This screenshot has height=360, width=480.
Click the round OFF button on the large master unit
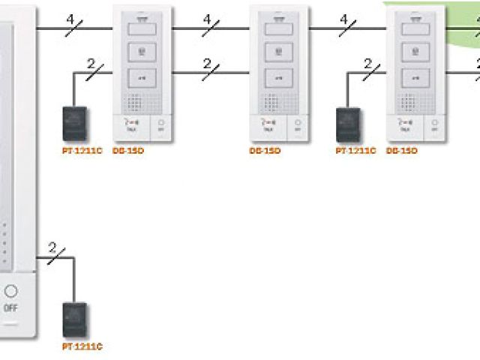(x=10, y=292)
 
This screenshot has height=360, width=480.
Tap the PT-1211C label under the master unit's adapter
(x=82, y=346)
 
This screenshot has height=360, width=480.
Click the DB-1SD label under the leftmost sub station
(x=133, y=151)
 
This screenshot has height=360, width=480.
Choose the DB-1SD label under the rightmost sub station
(x=401, y=151)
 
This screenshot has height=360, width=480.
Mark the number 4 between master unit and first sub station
(x=70, y=18)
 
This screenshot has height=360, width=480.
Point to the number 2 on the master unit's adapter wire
(x=52, y=247)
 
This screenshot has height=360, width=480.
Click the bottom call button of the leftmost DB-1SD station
(x=142, y=77)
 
